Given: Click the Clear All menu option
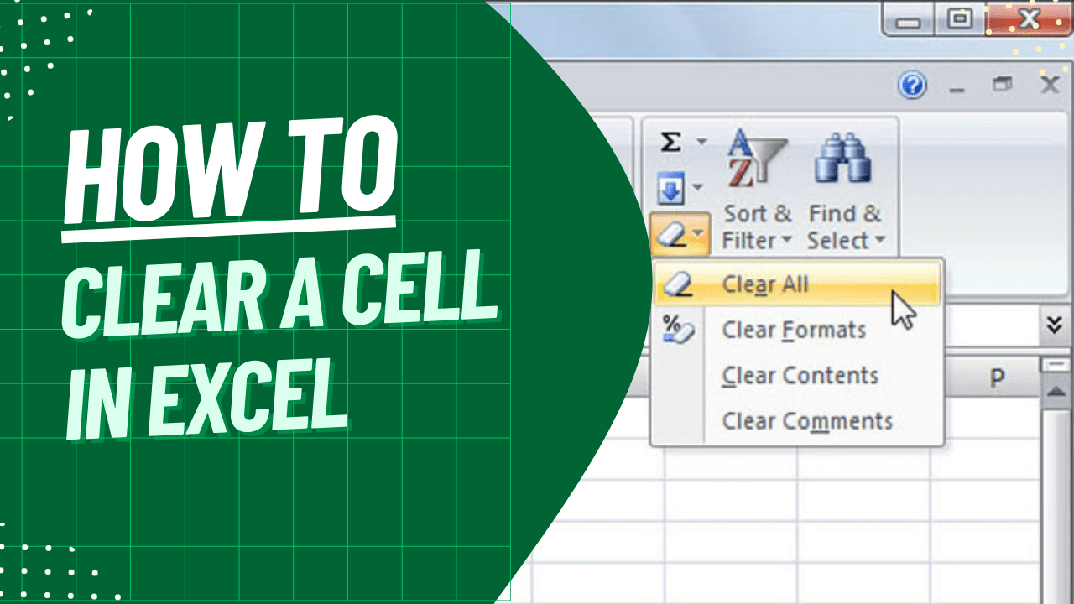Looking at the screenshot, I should click(x=764, y=285).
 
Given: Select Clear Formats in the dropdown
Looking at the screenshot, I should click(x=793, y=331).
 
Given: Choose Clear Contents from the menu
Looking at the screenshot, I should click(x=800, y=376).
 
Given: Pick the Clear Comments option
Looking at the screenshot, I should click(x=806, y=421).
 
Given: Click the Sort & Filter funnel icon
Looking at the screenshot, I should click(x=757, y=159).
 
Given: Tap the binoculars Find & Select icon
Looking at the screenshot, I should click(x=843, y=159).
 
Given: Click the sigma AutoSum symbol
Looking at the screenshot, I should click(x=670, y=143).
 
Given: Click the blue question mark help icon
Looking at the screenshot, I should click(x=912, y=85).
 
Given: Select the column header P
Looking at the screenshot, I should click(x=997, y=378).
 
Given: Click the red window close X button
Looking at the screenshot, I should click(x=1028, y=18).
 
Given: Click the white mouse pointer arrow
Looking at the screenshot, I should click(x=903, y=309).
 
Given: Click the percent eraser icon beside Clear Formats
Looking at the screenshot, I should click(x=677, y=328).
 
